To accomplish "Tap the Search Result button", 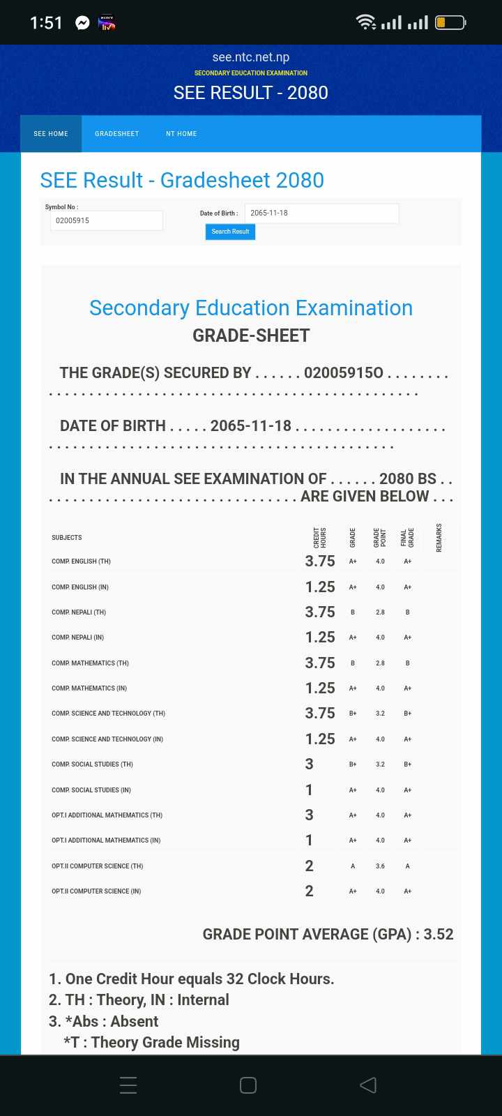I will (x=230, y=232).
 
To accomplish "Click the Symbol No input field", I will (x=107, y=220).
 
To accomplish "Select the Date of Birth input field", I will (x=321, y=213).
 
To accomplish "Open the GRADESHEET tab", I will (x=117, y=134).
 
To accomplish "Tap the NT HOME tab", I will (x=181, y=134).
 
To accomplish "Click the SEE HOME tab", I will (x=51, y=134).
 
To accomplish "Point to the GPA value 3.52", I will (x=439, y=934).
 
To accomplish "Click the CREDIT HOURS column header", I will (x=320, y=537).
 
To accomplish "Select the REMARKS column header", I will (x=439, y=537).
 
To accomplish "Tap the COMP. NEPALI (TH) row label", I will (x=79, y=612).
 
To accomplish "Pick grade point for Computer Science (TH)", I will (x=380, y=866).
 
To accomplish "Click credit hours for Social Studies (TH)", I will (x=309, y=764).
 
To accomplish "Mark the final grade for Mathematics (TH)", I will (x=407, y=663).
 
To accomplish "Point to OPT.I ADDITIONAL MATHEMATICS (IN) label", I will (x=106, y=840).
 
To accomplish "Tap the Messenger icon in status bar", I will (x=82, y=23).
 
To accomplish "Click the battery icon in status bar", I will (x=450, y=23).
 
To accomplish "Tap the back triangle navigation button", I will (x=368, y=1085).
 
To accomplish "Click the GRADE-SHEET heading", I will (x=251, y=335).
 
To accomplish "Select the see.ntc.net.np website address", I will (x=251, y=57).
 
